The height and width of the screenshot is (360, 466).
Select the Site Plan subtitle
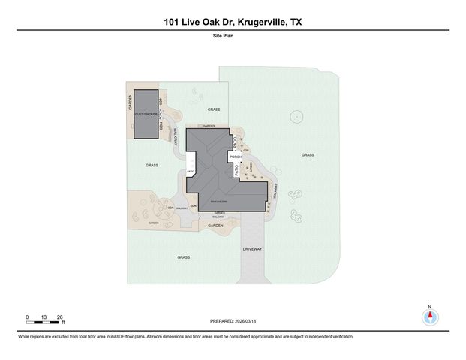(x=232, y=35)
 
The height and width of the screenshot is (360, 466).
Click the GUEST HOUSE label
(x=146, y=115)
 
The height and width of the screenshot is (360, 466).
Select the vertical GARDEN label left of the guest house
(x=130, y=101)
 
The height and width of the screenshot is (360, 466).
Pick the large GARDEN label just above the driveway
(x=216, y=226)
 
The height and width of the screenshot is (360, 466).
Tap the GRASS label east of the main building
(x=308, y=155)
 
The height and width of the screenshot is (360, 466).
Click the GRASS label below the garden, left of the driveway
(x=183, y=257)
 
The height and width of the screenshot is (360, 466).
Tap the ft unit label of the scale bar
(x=65, y=322)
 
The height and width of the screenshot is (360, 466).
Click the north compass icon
(x=430, y=316)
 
